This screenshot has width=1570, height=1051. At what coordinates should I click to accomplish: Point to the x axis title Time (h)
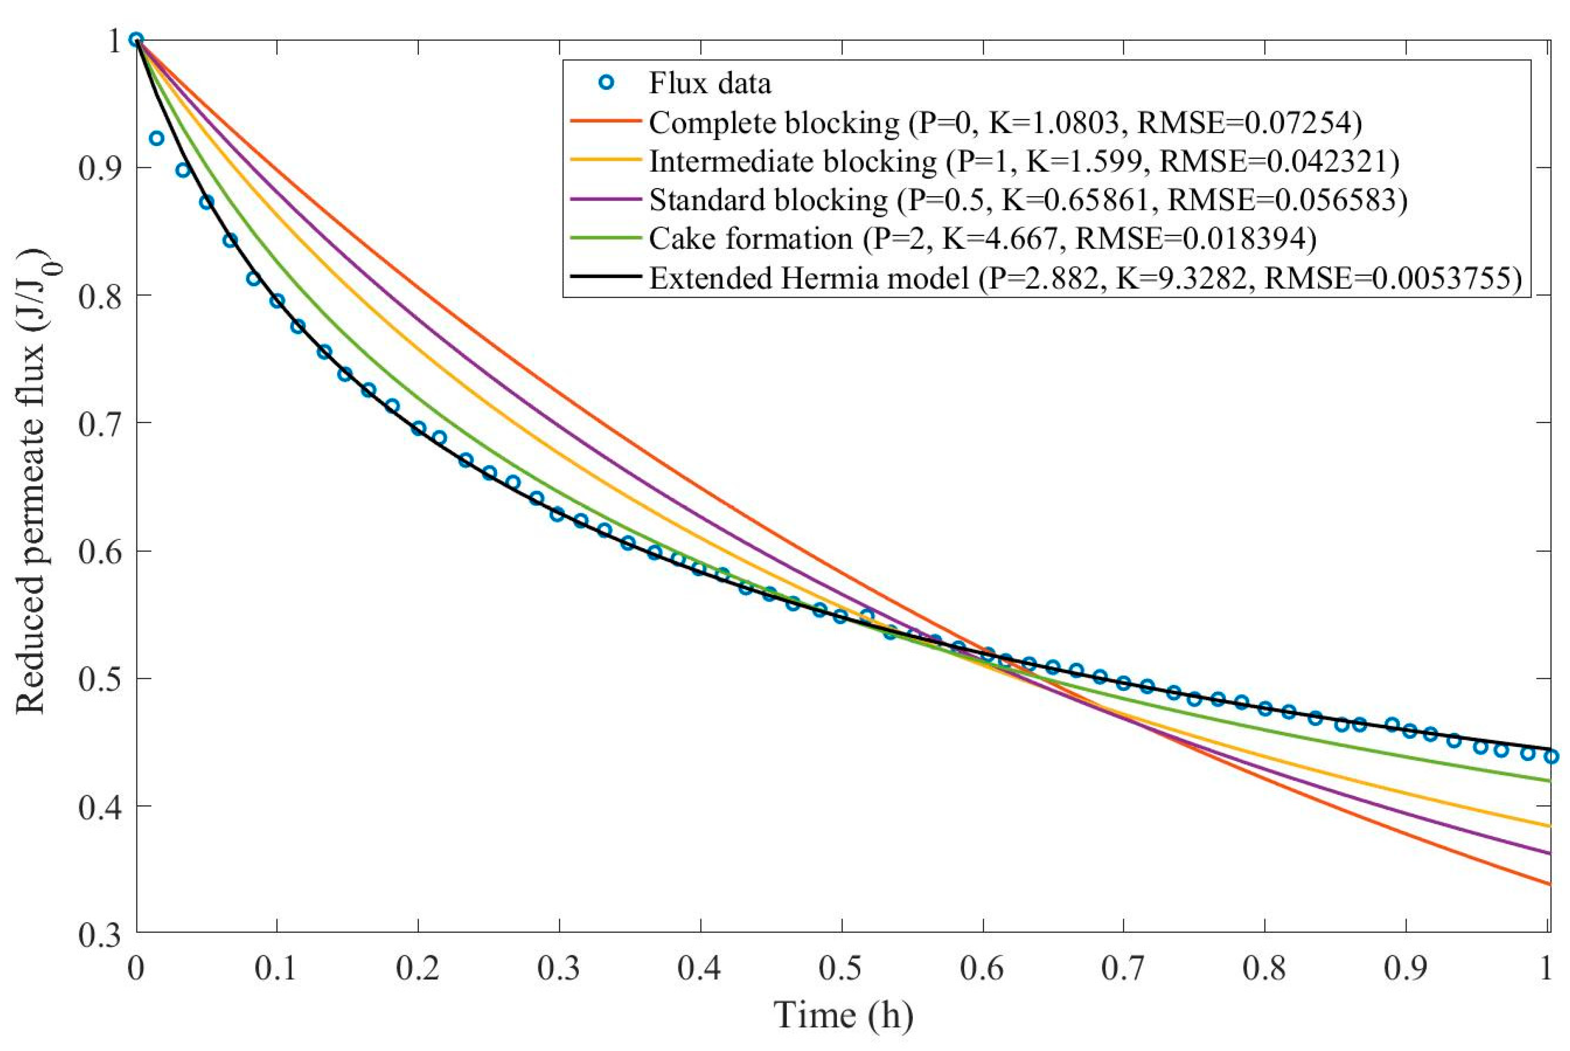click(x=843, y=1014)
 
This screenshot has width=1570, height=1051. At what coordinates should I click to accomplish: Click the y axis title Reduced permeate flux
click(x=33, y=482)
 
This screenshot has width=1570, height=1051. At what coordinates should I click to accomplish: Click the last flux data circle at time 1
click(x=1551, y=757)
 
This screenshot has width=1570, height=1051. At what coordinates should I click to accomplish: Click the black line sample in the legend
click(x=605, y=277)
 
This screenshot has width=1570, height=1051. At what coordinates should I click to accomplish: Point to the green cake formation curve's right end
click(x=1549, y=781)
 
